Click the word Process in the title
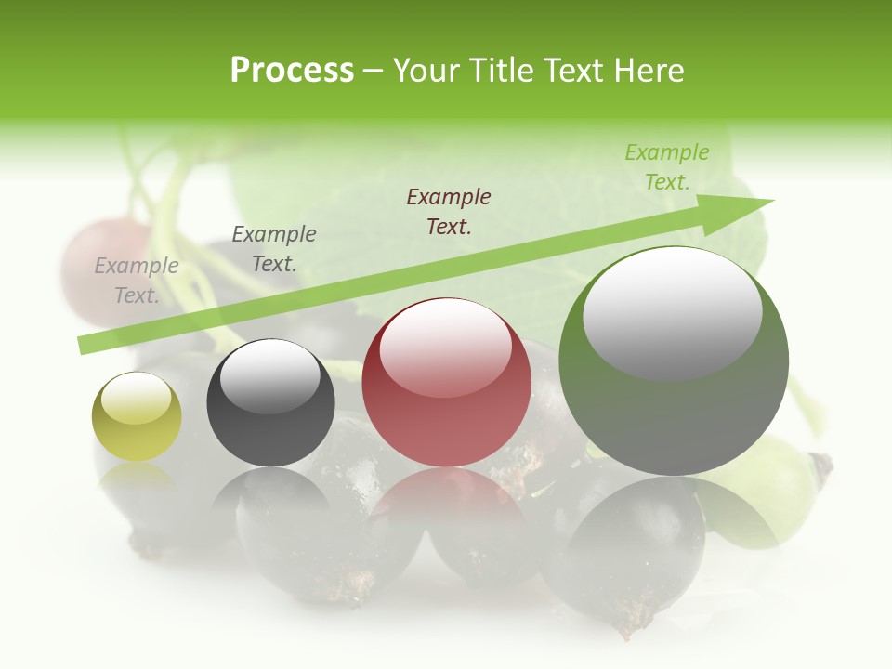coord(292,71)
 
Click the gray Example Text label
coord(137,281)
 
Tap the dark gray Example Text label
coord(274,249)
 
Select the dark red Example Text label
coord(449,212)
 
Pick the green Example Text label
coord(666,167)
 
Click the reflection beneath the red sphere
coord(447,502)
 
